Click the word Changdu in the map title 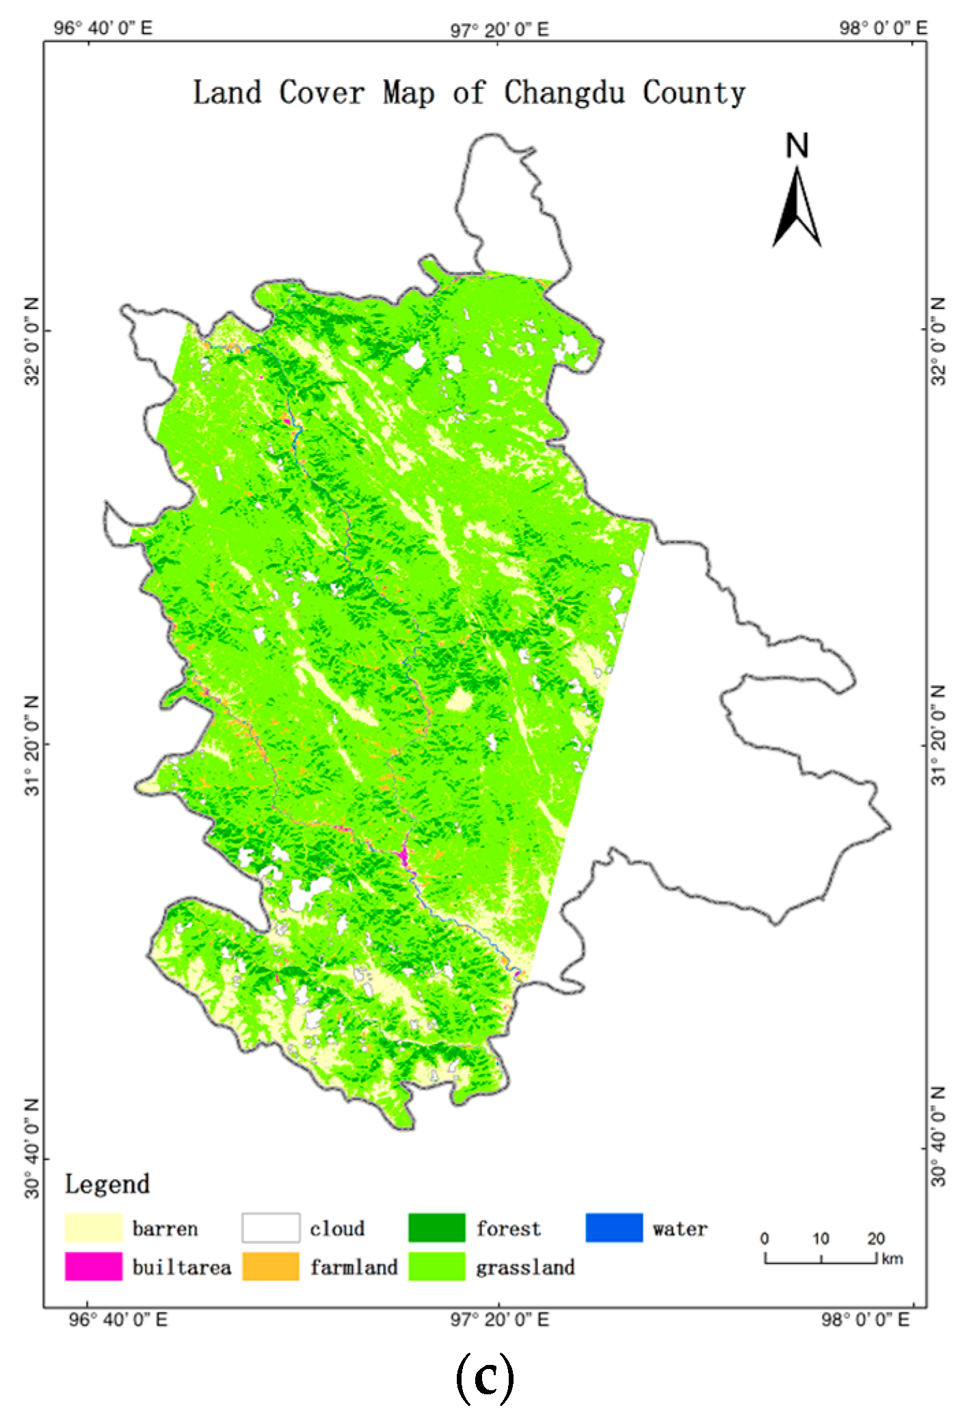tap(564, 92)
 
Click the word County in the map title tap(693, 92)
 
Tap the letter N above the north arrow tap(797, 146)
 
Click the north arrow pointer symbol tap(797, 209)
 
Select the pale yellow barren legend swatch tap(94, 1227)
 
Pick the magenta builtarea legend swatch tap(94, 1266)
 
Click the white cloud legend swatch tap(270, 1227)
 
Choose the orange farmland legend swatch tap(270, 1266)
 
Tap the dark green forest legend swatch tap(437, 1227)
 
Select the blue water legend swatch tap(614, 1227)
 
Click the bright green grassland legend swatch tap(437, 1266)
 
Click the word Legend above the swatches tap(107, 1184)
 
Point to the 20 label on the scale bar tap(876, 1238)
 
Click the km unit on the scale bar tap(892, 1259)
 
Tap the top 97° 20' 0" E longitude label tap(499, 29)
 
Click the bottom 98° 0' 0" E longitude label tap(865, 1320)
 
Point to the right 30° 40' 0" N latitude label tap(939, 1135)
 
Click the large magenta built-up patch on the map tap(403, 855)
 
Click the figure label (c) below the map tap(484, 1378)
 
